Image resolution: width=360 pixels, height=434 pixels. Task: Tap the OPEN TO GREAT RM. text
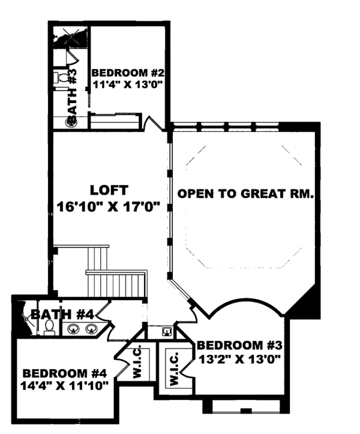tap(246, 194)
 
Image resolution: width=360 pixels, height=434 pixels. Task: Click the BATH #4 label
tap(62, 314)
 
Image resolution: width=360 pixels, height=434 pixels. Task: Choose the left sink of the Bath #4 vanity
tap(74, 328)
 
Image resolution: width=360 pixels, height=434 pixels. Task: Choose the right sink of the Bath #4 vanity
tap(92, 328)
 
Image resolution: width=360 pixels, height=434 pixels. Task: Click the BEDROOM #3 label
tap(239, 346)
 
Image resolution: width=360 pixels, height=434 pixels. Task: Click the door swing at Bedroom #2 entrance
tap(155, 121)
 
